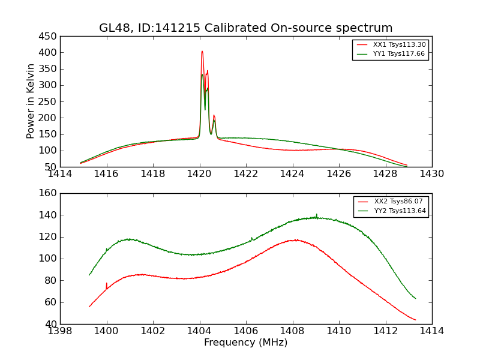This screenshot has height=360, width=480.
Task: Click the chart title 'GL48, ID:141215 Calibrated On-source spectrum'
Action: (246, 28)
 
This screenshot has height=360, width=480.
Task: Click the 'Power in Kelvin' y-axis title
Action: (31, 101)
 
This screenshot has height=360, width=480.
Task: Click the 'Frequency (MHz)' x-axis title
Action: (246, 343)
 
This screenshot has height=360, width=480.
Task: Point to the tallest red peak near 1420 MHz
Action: (202, 52)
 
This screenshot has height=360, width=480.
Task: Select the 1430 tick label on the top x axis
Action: (431, 174)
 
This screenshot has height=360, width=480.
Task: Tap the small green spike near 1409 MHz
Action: (317, 214)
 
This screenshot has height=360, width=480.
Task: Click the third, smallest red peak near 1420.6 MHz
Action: (214, 116)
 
